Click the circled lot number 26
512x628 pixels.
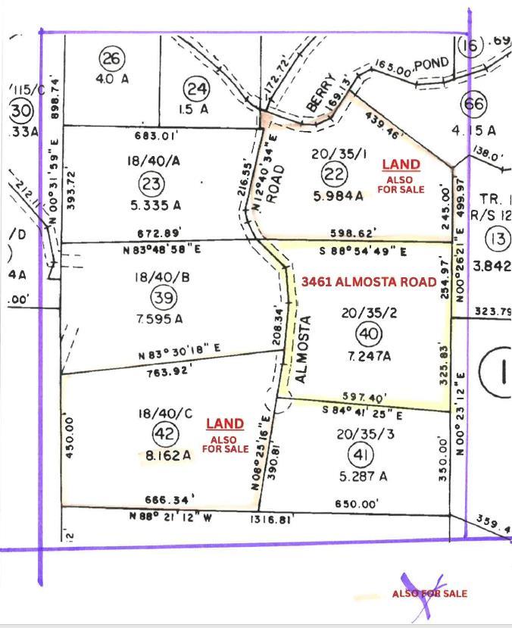(112, 58)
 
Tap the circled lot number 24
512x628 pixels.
(197, 90)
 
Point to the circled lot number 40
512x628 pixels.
(369, 333)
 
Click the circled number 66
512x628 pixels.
(474, 104)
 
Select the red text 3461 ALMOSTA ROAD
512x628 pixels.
(369, 282)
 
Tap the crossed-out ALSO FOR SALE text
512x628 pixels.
(429, 593)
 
